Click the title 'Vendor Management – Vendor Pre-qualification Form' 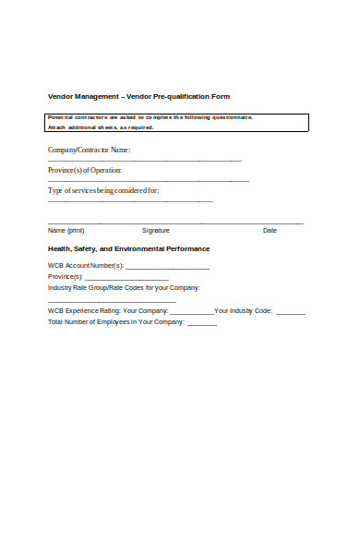(x=138, y=96)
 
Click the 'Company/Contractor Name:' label (x=90, y=150)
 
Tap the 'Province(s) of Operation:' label (x=85, y=170)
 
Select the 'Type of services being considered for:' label (x=103, y=191)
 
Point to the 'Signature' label (x=156, y=230)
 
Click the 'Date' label (x=270, y=230)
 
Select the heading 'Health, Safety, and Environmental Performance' (x=128, y=249)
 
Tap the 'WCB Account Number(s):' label (x=86, y=266)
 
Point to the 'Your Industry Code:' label (x=244, y=311)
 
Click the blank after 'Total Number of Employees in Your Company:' (x=202, y=324)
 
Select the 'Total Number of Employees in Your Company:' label (x=116, y=322)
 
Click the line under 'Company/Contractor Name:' (x=145, y=160)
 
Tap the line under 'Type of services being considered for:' (x=130, y=201)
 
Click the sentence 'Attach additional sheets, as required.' (x=101, y=127)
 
